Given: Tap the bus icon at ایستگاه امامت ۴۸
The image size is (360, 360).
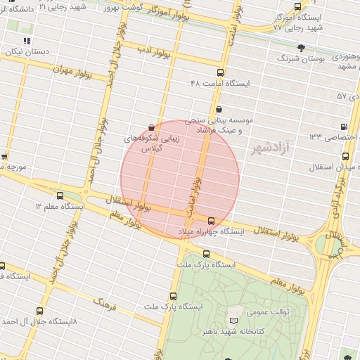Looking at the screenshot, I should click(x=220, y=73).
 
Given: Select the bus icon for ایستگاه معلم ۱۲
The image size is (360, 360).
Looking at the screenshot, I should click(x=59, y=195).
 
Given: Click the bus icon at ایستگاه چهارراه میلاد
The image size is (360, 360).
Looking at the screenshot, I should click(x=212, y=220).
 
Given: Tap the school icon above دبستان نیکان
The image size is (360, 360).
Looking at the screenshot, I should click(x=27, y=41).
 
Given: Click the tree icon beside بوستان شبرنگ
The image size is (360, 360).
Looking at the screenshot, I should click(x=301, y=48).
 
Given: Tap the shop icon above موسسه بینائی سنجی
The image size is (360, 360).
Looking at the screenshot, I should click(x=220, y=109).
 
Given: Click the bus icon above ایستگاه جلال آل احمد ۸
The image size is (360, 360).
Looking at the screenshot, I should click(x=39, y=309).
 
